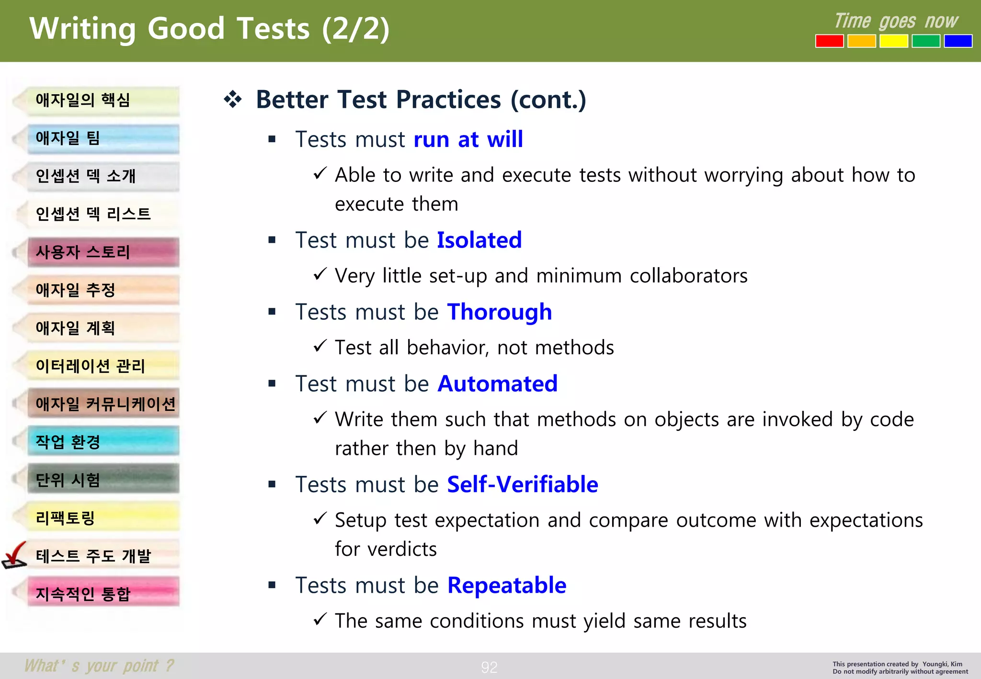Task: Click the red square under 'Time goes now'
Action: [x=829, y=41]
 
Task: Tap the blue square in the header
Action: [x=958, y=41]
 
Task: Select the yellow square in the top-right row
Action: [x=893, y=41]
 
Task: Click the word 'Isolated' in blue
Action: [x=479, y=240]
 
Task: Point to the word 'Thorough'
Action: [x=499, y=312]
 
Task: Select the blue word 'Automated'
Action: [x=498, y=384]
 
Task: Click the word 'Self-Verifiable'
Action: [x=523, y=485]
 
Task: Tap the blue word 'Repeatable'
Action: [x=507, y=585]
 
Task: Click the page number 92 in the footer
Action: [x=489, y=667]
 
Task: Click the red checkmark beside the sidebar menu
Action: [x=14, y=555]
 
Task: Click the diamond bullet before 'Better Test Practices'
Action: [x=233, y=99]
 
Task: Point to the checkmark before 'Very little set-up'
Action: [x=320, y=274]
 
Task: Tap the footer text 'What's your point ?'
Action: [x=99, y=666]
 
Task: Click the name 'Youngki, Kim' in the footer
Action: [x=942, y=664]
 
